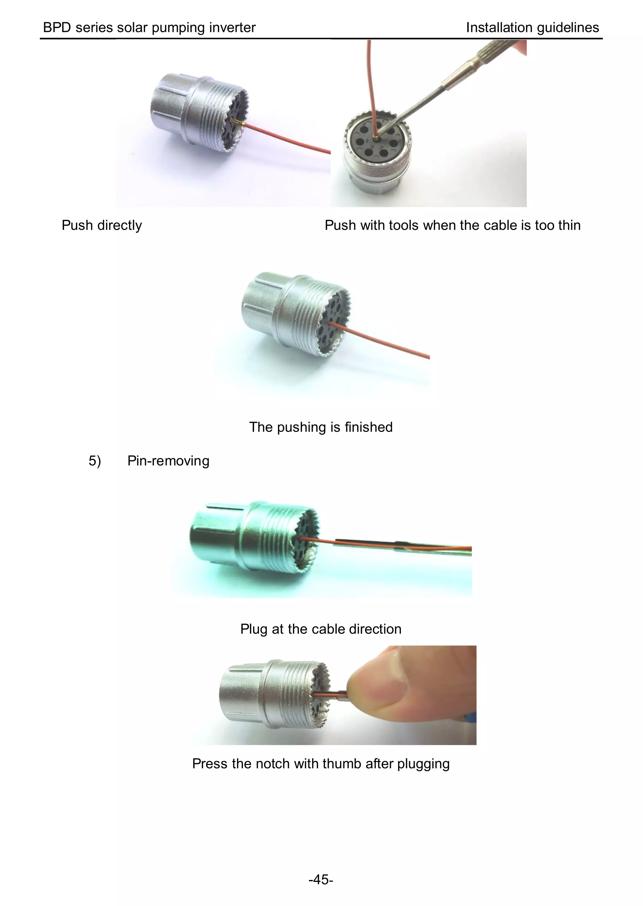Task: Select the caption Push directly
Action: tap(102, 225)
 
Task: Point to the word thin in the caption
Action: tap(569, 225)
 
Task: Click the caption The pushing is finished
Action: tap(321, 427)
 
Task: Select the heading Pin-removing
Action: tap(168, 461)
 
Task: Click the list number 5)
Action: tap(95, 461)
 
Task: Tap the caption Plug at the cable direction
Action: tap(321, 629)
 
